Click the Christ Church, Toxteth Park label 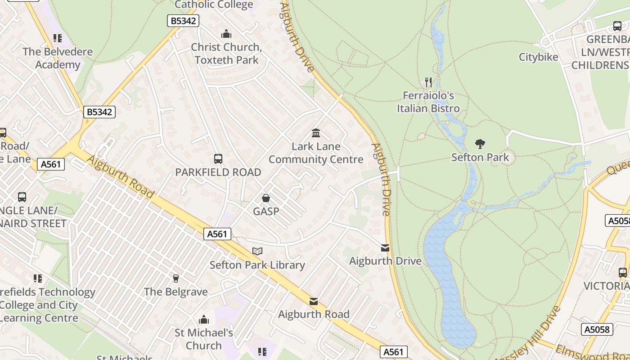[226, 54]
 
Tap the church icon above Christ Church [226, 34]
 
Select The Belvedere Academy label [58, 58]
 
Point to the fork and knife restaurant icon [428, 82]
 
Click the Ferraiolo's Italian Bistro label [428, 102]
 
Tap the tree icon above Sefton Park [480, 144]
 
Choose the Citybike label [538, 57]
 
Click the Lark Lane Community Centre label [316, 153]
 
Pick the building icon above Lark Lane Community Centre [316, 133]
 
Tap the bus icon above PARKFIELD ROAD [218, 159]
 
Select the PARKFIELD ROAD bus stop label [218, 172]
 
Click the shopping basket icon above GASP [266, 198]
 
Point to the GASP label [266, 211]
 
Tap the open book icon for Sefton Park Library [257, 252]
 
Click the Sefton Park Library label [257, 265]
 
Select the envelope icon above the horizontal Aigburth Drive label [385, 248]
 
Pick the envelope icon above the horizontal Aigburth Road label [314, 301]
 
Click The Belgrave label [176, 292]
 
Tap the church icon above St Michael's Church [204, 319]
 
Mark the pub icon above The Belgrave [176, 279]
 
